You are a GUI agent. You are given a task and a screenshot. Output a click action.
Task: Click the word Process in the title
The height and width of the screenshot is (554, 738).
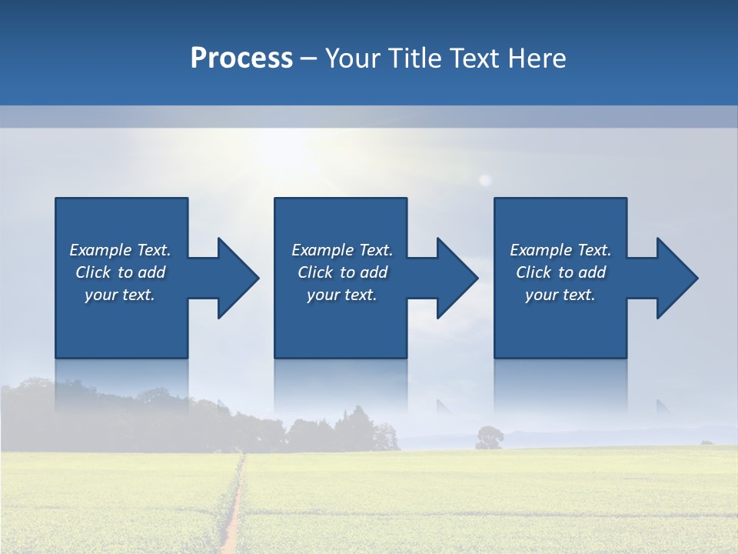[241, 58]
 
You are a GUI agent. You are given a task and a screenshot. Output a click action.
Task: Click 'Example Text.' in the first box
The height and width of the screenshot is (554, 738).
[120, 250]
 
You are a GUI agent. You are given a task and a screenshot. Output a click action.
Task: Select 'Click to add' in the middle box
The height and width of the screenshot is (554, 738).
[342, 272]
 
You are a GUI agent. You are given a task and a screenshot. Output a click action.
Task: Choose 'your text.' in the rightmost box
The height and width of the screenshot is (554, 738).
[560, 295]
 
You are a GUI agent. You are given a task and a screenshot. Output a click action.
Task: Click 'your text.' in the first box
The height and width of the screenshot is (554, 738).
[120, 295]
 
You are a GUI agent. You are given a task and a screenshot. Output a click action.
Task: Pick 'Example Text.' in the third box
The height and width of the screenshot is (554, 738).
[560, 250]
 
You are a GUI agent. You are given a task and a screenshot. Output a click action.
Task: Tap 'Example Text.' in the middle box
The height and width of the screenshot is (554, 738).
[342, 250]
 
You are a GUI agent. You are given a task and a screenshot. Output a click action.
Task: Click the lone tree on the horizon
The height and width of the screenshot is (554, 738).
[489, 437]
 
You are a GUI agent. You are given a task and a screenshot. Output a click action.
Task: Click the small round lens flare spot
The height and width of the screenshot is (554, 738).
[484, 180]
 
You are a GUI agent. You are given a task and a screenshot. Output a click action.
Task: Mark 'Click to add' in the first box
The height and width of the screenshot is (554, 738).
[120, 272]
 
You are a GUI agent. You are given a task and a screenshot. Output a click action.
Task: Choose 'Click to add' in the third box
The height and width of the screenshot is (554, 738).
[560, 272]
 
